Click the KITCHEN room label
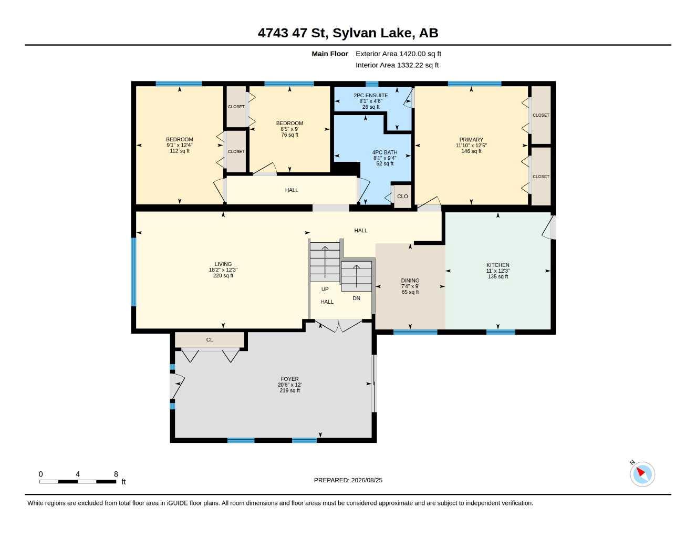[497, 265]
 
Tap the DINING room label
[410, 281]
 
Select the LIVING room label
[223, 264]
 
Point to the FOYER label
[289, 379]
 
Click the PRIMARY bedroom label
[471, 140]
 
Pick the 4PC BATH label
[385, 152]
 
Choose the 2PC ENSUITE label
[370, 96]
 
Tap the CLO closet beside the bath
[402, 196]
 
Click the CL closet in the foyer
[210, 340]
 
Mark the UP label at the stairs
[325, 289]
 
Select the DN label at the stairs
[356, 298]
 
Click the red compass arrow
[640, 472]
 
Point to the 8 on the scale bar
[116, 474]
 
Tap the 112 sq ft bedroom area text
[179, 151]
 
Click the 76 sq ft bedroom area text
[289, 135]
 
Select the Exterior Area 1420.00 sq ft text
[398, 54]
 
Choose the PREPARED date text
[348, 480]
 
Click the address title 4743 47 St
[293, 33]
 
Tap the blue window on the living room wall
[134, 272]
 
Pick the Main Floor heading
[329, 54]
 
